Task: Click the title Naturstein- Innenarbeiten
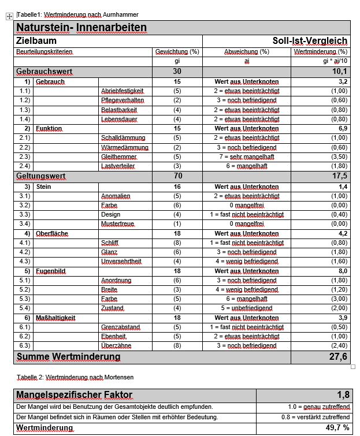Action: [81, 28]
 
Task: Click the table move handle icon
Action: [9, 17]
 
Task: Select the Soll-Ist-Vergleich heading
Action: [310, 41]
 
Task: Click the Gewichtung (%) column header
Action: [177, 52]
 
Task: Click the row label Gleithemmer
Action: [119, 156]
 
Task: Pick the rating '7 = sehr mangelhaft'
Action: [246, 156]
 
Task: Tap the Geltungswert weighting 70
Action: [177, 176]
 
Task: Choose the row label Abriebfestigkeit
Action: [123, 91]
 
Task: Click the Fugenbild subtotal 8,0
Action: [342, 271]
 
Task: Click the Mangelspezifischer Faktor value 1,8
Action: [343, 395]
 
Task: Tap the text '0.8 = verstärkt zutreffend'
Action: [316, 417]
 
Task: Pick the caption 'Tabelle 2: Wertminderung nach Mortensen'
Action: [75, 377]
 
